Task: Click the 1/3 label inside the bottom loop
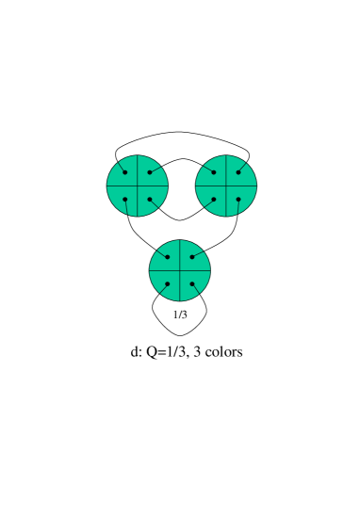point(180,315)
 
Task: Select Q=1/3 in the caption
point(167,352)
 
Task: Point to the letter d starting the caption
point(135,352)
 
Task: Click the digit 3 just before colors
point(197,352)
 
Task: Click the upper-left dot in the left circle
point(124,172)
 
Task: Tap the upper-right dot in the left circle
point(149,172)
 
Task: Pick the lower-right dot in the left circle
point(149,199)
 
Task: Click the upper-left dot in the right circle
point(214,172)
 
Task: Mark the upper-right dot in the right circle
point(238,172)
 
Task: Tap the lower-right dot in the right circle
point(238,199)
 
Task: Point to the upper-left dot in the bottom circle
point(168,257)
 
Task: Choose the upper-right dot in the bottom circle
point(192,257)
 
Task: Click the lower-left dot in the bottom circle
point(168,283)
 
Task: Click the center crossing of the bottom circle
point(180,270)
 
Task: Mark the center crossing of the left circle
point(137,186)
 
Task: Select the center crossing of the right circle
point(226,186)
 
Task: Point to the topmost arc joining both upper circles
point(181,132)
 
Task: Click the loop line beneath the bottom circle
point(180,335)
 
